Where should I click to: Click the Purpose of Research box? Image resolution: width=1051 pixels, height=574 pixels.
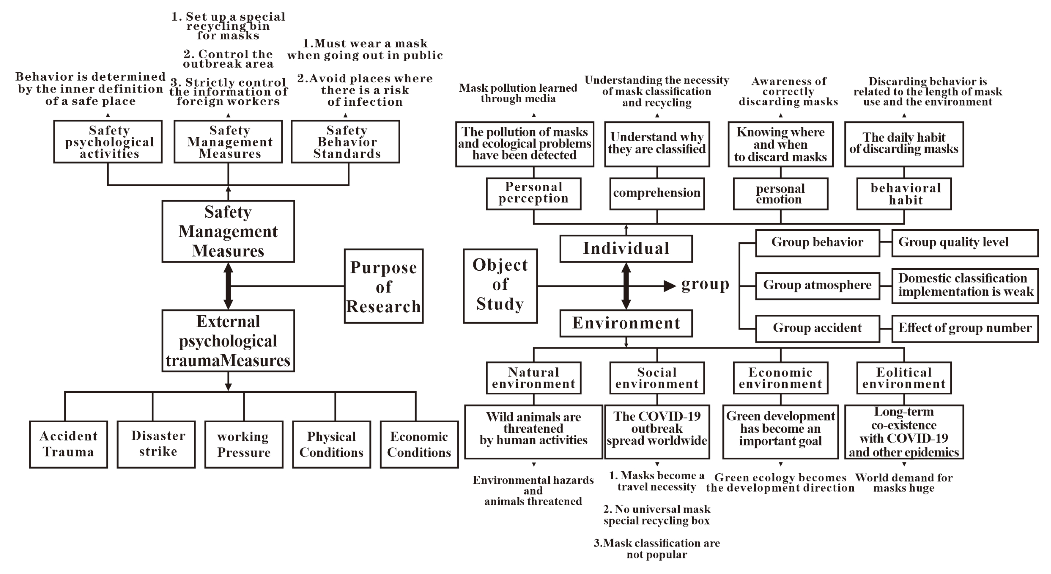384,286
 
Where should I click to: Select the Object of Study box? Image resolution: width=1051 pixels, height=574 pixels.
500,286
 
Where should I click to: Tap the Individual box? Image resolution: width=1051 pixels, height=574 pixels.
626,248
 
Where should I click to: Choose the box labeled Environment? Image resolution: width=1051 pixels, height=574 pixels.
626,323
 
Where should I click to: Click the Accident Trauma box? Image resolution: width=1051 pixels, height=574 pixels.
69,444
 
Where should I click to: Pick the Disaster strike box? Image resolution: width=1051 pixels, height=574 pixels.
156,444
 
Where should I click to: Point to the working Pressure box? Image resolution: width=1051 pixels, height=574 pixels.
244,444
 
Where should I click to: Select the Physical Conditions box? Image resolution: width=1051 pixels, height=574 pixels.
331,444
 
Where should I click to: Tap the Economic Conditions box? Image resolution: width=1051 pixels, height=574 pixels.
419,444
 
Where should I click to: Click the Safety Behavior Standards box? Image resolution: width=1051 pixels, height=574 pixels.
345,142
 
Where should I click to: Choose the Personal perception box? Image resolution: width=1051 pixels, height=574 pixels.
533,193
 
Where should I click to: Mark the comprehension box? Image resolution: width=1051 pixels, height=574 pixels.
657,193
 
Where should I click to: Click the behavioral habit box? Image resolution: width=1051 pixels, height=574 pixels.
904,193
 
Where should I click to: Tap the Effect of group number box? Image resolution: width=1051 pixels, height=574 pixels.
965,329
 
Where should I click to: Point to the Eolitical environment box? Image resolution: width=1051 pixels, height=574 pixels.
904,378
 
